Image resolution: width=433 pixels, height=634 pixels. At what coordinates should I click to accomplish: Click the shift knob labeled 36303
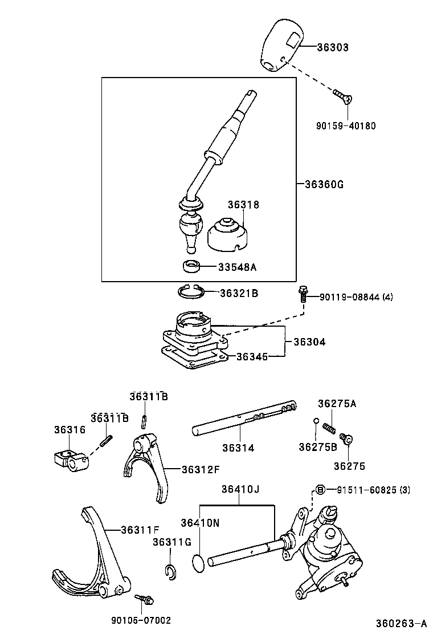(282, 47)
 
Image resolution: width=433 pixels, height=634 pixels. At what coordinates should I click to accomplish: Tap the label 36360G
(324, 184)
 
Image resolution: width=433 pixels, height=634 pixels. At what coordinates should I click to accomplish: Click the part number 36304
(309, 342)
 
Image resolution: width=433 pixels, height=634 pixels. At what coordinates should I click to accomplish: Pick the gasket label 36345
(252, 356)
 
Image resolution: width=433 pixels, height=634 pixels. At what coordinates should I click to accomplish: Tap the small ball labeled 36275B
(316, 421)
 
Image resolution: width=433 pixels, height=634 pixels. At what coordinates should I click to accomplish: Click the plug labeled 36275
(345, 439)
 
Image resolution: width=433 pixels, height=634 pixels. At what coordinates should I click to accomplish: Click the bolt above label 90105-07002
(143, 598)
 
